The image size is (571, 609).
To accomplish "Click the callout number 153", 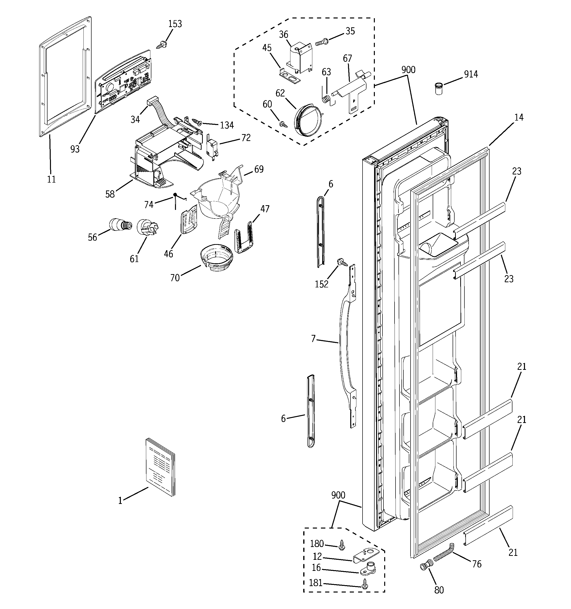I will click(x=175, y=24).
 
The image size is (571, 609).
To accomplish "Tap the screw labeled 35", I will click(x=321, y=43).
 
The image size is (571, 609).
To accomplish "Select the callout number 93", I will click(x=75, y=149).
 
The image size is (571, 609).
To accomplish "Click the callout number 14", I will click(x=519, y=117).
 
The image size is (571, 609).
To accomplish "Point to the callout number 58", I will click(x=110, y=194).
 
